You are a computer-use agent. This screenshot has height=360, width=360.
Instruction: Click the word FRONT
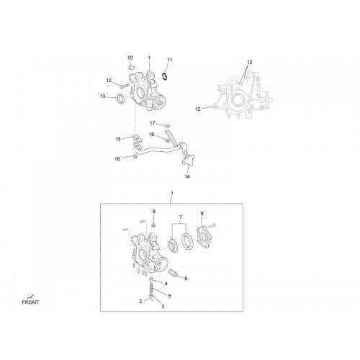point(30,302)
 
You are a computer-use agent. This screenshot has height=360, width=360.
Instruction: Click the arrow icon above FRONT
point(30,295)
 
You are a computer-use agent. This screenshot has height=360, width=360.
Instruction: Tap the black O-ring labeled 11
point(165,77)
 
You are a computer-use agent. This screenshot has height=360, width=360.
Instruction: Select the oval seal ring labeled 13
point(120,99)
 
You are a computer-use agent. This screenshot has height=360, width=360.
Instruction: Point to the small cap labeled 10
point(132,67)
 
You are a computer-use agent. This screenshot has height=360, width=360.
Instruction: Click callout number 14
point(187,176)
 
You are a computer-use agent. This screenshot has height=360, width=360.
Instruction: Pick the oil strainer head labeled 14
point(188,161)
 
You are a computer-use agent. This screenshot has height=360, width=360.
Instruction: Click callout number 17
point(153,123)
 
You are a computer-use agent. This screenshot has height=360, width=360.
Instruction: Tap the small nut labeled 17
point(168,125)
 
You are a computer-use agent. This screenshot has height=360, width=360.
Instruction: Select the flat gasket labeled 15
point(137,138)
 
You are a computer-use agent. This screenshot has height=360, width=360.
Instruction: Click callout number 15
point(118,139)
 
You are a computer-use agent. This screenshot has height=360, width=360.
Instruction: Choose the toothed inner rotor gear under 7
point(173,245)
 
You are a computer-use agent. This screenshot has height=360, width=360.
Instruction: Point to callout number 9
point(202,213)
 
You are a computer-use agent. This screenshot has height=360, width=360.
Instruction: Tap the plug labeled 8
point(154,225)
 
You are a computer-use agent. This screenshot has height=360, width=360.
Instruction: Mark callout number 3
point(163,306)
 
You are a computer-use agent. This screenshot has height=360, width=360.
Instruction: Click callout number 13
point(103,96)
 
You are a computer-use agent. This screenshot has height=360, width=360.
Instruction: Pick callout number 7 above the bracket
point(181,217)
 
